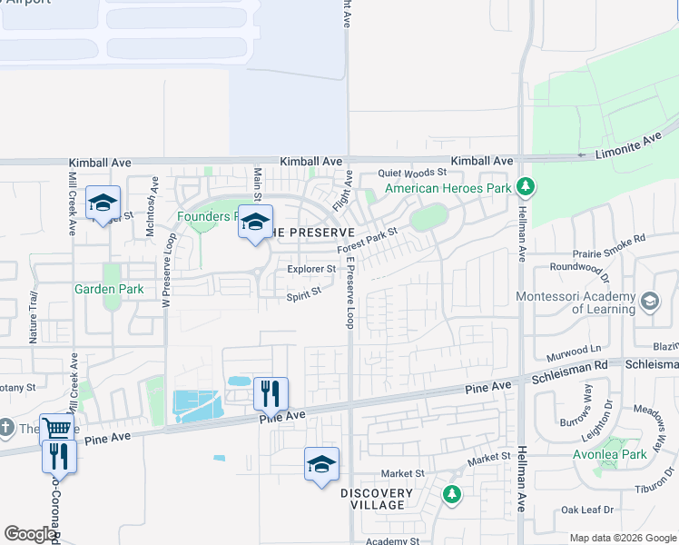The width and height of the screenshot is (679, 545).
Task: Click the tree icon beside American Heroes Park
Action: [x=525, y=188]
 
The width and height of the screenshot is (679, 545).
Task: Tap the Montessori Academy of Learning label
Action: [x=575, y=302]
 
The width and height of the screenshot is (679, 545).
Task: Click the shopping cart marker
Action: [x=56, y=428]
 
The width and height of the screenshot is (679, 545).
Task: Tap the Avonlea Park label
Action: [x=635, y=454]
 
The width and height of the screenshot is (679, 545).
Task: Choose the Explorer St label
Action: [x=311, y=270]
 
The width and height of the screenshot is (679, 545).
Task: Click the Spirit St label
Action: [x=304, y=294]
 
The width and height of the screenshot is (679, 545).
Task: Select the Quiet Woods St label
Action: [x=413, y=172]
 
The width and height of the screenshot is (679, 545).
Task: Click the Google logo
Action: [x=30, y=534]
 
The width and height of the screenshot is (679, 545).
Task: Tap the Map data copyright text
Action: [x=622, y=538]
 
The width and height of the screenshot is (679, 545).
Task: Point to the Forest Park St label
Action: [x=368, y=240]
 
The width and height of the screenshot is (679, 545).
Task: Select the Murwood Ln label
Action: [x=575, y=349]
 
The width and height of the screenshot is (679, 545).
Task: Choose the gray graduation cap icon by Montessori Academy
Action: [x=650, y=301]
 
